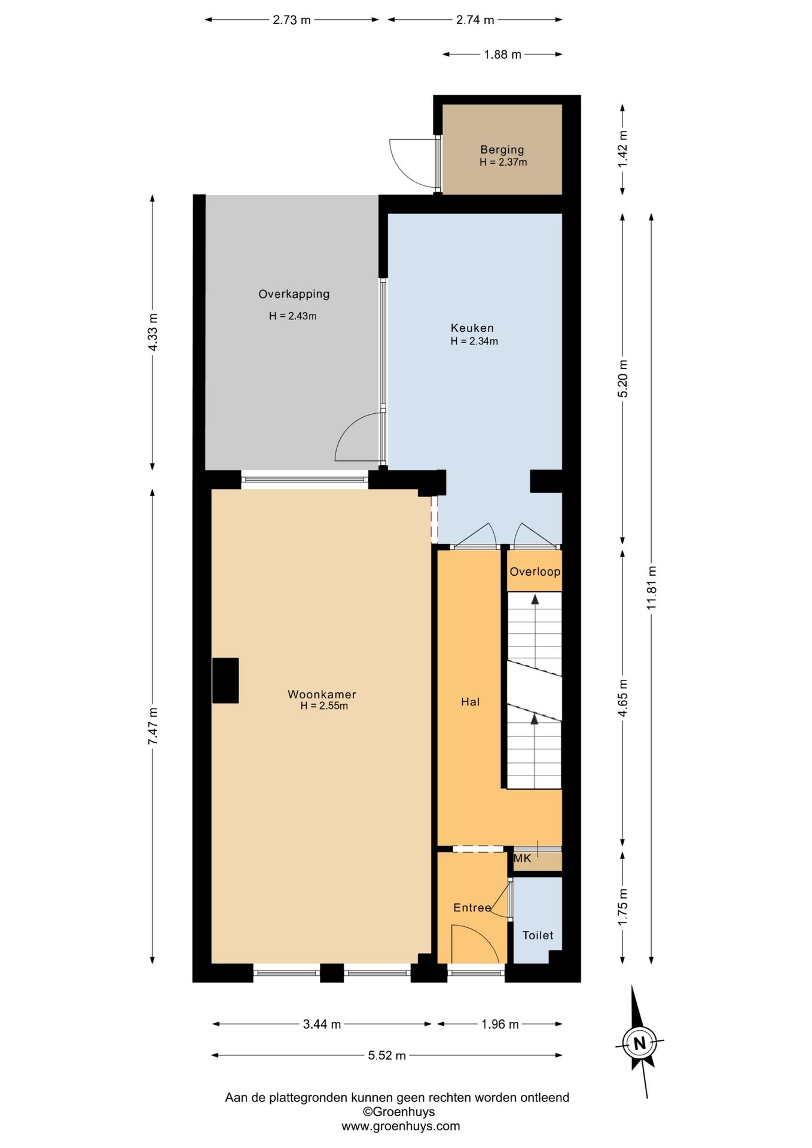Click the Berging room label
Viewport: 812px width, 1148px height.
click(502, 149)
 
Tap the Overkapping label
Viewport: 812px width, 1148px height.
click(294, 294)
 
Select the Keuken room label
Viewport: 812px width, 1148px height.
click(472, 328)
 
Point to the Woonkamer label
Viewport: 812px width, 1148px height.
click(322, 694)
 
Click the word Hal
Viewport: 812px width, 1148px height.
click(470, 701)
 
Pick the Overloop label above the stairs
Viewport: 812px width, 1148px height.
click(535, 572)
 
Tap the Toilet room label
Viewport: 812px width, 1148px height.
click(538, 935)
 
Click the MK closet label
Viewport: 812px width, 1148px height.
click(523, 859)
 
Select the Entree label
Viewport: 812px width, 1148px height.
click(472, 908)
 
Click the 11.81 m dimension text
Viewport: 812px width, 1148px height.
click(651, 588)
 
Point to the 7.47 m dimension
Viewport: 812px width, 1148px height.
click(152, 726)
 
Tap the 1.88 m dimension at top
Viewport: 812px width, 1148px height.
click(502, 54)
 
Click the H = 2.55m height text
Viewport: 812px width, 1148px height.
click(324, 706)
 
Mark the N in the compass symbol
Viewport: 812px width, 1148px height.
click(640, 1043)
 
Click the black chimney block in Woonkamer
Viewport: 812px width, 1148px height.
click(225, 680)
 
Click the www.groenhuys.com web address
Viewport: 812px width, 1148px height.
click(401, 1126)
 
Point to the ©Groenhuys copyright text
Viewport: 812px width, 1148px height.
click(399, 1112)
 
